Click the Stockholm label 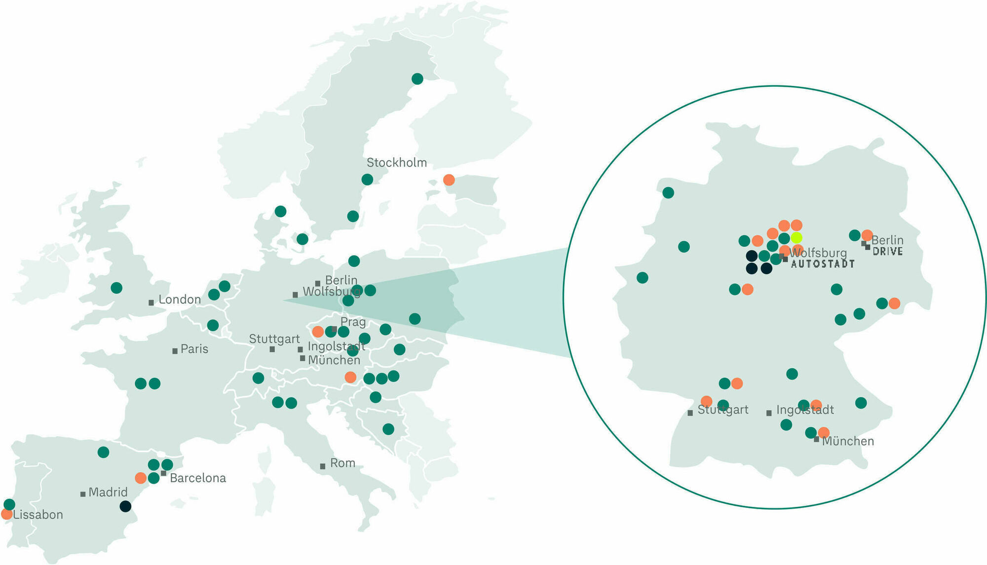[396, 163]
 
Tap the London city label [179, 300]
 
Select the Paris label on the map [194, 349]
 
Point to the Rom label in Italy [342, 463]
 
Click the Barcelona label [197, 478]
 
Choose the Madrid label [108, 492]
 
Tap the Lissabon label [38, 515]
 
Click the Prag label [353, 322]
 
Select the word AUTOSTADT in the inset [823, 264]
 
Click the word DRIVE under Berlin [888, 252]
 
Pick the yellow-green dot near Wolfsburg [797, 238]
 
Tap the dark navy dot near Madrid [125, 506]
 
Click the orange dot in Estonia [449, 180]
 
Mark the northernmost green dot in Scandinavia [417, 78]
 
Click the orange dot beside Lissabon [6, 514]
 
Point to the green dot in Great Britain [116, 288]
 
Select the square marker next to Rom [322, 466]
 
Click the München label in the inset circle [848, 441]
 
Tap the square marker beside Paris [175, 351]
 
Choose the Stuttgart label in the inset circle [722, 410]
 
